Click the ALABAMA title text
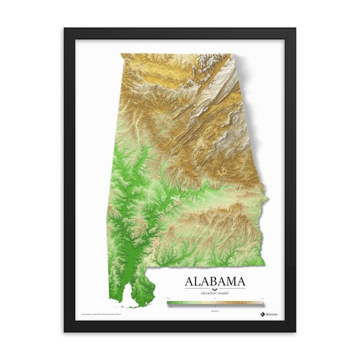click(215, 280)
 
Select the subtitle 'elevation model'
click(215, 293)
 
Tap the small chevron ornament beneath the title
click(215, 288)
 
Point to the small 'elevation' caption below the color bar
click(215, 309)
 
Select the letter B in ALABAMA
click(216, 280)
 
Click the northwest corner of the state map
click(122, 54)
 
